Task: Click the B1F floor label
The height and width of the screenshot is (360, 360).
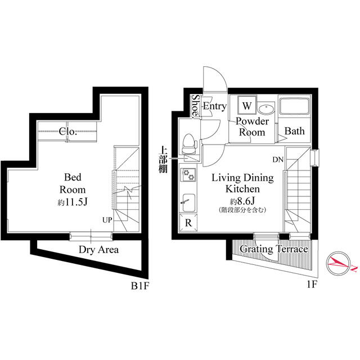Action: pos(140,286)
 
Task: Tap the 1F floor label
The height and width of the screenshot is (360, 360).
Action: pos(312,285)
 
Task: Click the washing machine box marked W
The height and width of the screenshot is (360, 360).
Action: pos(247,105)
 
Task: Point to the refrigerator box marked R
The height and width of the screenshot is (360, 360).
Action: pos(188,223)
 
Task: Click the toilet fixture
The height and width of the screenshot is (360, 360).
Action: pos(190,144)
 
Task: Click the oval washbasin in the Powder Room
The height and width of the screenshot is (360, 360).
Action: pos(266,109)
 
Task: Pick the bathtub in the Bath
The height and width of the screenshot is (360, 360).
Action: pos(294,106)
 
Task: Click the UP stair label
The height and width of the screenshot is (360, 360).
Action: pos(107,220)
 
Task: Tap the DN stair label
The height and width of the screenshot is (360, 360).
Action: pos(278,160)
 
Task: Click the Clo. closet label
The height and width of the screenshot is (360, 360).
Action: pos(67,131)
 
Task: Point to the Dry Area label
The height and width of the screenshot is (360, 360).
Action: pos(99,250)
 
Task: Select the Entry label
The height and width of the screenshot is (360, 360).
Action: pos(215,106)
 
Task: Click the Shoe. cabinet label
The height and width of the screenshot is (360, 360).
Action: pos(196,106)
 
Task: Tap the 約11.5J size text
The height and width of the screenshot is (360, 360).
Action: pos(73,202)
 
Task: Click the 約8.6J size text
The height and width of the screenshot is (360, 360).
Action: pos(242,201)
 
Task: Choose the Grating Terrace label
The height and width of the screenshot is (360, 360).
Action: pos(274,249)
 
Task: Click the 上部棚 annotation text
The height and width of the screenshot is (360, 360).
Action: pos(163,160)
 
